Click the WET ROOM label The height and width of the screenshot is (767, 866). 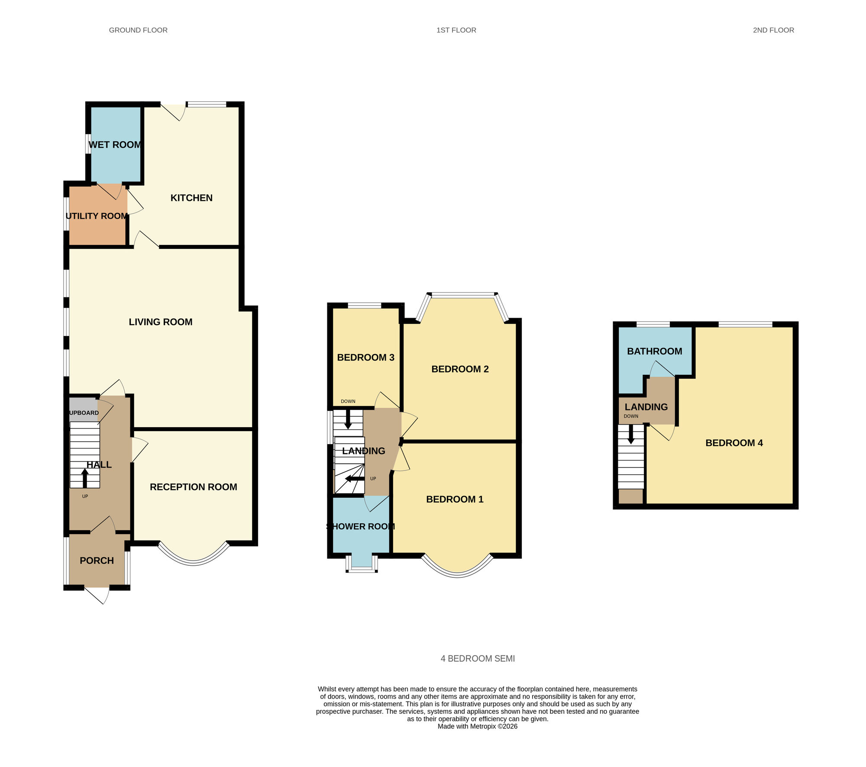[115, 145]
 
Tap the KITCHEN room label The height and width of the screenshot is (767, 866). [191, 198]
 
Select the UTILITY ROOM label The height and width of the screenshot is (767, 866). [97, 216]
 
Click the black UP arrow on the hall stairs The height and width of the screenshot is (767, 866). [85, 478]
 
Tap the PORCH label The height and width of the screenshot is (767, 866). [97, 561]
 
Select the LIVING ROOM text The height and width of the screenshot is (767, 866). [161, 322]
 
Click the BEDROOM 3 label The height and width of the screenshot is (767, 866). [365, 358]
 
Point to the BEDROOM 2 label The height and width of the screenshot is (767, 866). [460, 369]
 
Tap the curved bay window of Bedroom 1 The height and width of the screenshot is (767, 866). [457, 574]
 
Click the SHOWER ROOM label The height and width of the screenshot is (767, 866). [360, 526]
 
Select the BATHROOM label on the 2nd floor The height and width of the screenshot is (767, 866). [654, 351]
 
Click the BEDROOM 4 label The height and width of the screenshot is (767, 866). [734, 443]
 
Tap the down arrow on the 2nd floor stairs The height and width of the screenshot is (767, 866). [631, 435]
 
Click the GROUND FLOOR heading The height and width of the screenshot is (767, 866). [138, 30]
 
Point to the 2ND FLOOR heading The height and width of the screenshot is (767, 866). [773, 30]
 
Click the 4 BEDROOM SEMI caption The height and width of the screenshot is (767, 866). [478, 658]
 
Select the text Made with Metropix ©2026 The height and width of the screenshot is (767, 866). [478, 726]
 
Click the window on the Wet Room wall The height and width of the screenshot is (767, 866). [88, 143]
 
